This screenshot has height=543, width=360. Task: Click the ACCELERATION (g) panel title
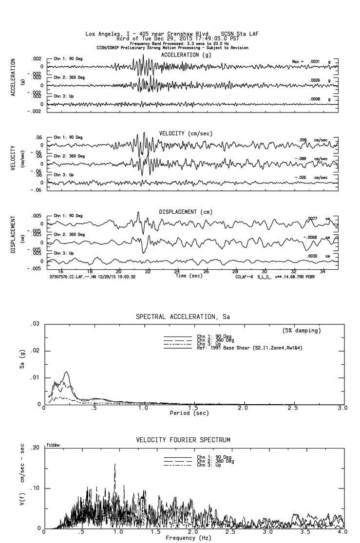(188, 55)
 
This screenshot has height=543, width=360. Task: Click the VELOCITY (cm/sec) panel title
(186, 133)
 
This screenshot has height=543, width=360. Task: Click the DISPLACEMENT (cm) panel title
(186, 212)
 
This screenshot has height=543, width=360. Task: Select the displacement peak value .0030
(312, 256)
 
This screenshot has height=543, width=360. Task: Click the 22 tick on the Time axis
(148, 272)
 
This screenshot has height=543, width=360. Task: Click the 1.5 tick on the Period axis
(193, 408)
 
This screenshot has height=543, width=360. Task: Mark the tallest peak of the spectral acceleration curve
(66, 372)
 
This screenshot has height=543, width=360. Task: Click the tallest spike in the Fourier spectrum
(115, 464)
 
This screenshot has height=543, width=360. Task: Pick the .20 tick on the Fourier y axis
(35, 447)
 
